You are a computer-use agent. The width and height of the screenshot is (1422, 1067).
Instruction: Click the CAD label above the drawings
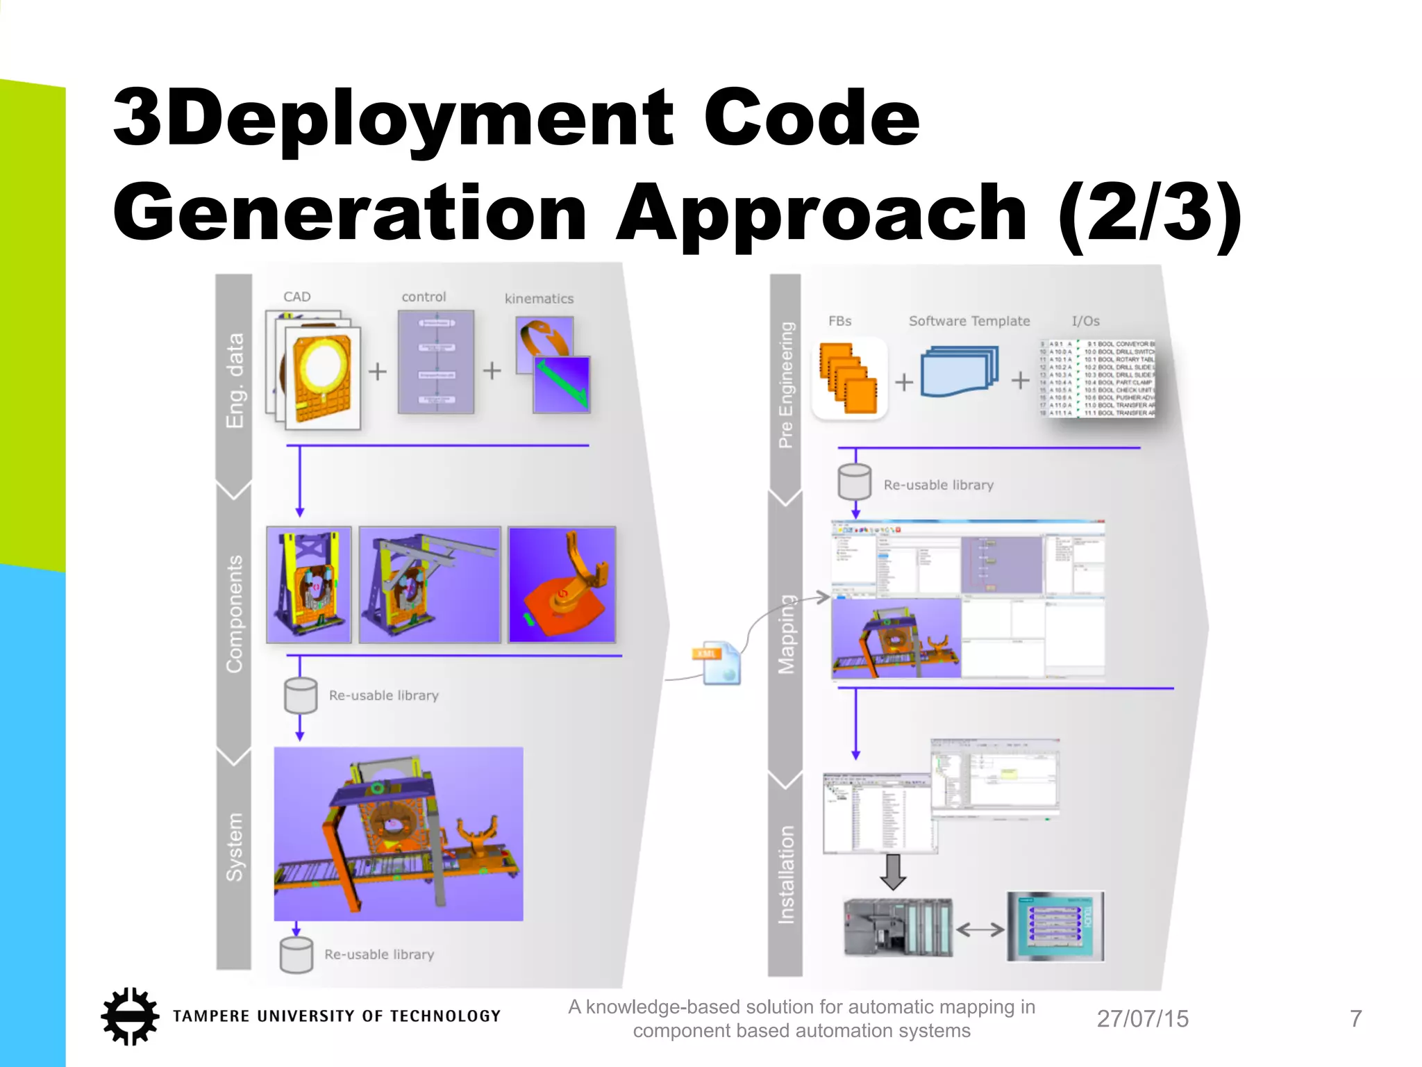point(296,297)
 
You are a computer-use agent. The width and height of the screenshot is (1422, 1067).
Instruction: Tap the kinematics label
point(539,299)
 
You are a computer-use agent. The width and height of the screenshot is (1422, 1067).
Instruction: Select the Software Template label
point(969,321)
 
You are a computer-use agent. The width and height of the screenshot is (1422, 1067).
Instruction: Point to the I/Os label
point(1085,321)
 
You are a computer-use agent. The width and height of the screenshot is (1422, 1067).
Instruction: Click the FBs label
point(839,321)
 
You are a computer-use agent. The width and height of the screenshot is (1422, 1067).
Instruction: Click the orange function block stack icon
point(848,379)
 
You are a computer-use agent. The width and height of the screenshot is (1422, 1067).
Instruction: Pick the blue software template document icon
point(960,372)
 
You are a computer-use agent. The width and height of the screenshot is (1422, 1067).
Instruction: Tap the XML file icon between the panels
point(719,663)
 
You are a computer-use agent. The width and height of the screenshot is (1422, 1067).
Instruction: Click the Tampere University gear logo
point(129,1016)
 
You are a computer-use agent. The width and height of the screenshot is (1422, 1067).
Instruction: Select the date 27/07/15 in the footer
point(1142,1018)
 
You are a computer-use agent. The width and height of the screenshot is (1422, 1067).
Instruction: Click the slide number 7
point(1355,1018)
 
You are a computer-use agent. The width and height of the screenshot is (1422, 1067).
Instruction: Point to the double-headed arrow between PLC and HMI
point(980,929)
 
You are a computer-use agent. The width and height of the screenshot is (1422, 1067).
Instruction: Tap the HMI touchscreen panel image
point(1055,927)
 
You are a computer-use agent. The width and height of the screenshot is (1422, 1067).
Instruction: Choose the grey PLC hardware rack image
point(898,928)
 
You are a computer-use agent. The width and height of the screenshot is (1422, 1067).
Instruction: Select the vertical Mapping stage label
point(786,634)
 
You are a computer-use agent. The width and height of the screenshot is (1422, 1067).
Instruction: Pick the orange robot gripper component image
point(562,584)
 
